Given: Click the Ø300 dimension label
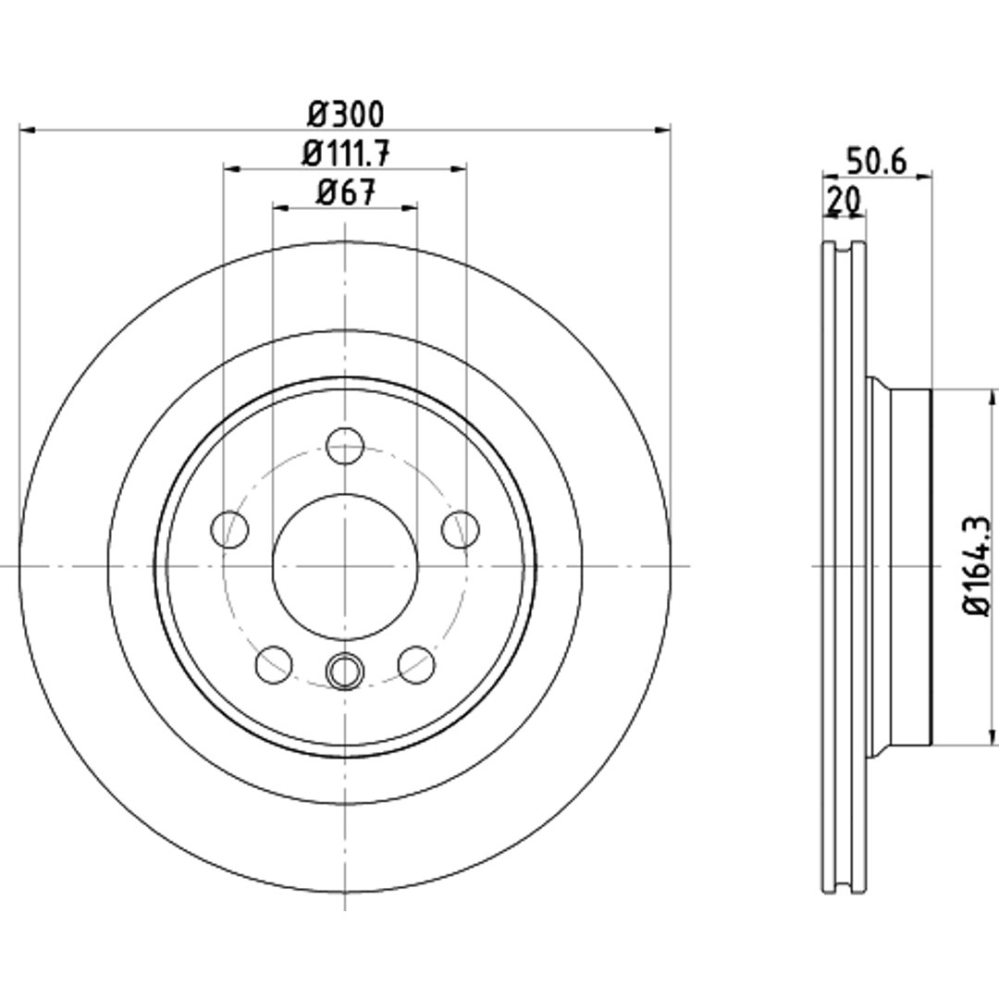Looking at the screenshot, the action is point(346,115).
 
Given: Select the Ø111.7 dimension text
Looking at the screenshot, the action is point(345,154).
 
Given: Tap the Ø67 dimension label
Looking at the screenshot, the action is point(346,192).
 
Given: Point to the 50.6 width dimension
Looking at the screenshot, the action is point(876,162).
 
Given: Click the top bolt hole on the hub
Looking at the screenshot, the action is point(345,445).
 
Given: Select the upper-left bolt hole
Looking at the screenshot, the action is point(229,529).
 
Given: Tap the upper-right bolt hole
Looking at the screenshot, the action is point(461,529).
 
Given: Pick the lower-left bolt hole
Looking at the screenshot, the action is point(274,664).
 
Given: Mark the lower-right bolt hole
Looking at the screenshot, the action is point(416,664).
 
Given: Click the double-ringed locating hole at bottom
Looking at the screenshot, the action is point(345,671).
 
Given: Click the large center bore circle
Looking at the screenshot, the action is point(345,494).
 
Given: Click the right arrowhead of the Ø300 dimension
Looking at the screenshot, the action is point(663,130).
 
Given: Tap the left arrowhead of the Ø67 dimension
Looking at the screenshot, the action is point(281,208).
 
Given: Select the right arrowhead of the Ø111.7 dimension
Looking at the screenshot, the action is point(459,169).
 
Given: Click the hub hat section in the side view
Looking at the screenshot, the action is point(900,566).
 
